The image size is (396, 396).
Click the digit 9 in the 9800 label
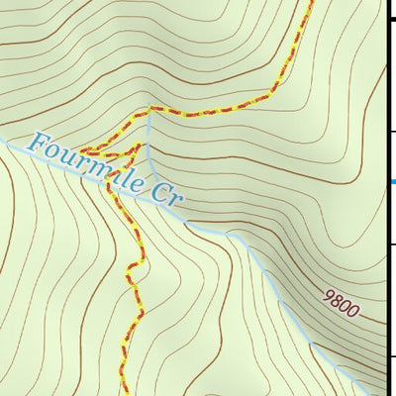(x=328, y=295)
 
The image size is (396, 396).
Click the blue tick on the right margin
(x=392, y=181)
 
